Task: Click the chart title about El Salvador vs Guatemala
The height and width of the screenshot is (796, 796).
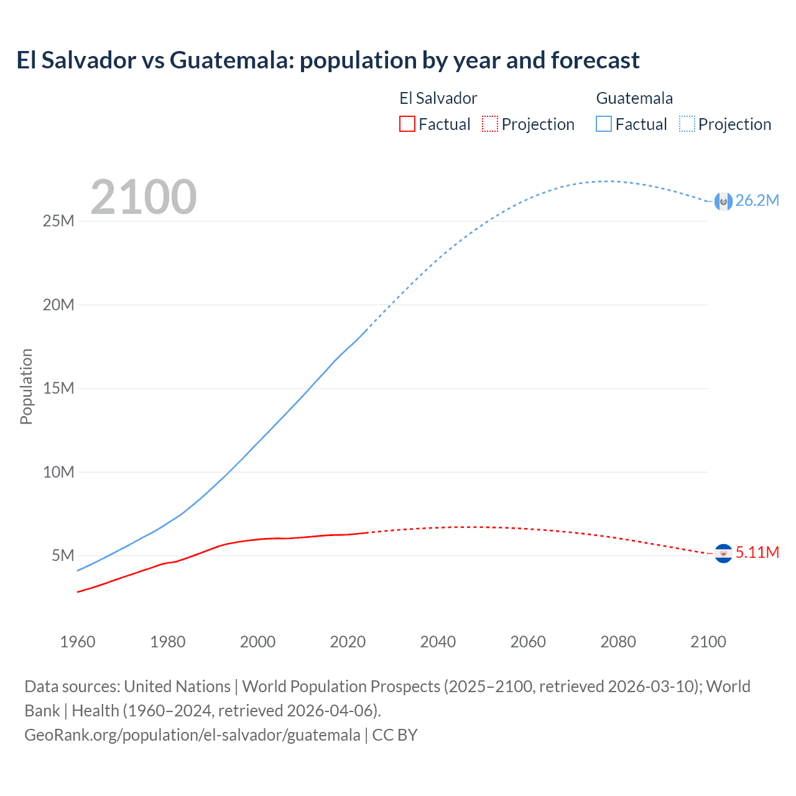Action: pos(328,60)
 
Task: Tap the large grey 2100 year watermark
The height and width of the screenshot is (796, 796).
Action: pos(144,197)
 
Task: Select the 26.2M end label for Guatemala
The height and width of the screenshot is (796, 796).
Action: pos(757,200)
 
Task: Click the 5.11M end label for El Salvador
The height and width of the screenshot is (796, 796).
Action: pos(757,552)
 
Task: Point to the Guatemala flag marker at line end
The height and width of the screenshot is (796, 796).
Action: pos(723,201)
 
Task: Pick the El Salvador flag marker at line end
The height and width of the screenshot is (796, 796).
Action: pos(723,553)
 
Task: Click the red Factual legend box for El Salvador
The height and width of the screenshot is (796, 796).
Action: pos(407,124)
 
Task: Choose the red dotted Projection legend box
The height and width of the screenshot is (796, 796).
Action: pos(490,124)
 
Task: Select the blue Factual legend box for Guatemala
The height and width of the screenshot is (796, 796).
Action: pos(604,124)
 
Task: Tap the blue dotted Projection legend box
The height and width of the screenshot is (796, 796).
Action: pos(687,124)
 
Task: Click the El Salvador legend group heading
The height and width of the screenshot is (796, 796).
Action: pos(438,98)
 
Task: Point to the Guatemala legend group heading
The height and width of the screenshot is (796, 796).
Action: pos(634,98)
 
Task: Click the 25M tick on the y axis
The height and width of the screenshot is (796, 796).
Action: pos(58,221)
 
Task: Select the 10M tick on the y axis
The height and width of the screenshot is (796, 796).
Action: pos(58,472)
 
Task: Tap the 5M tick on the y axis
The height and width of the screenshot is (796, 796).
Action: pos(63,555)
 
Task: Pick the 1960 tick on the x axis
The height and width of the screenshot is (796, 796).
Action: pos(78,642)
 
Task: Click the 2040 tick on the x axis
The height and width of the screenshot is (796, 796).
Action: pos(438,642)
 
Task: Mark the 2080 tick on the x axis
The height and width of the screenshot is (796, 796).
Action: pos(618,642)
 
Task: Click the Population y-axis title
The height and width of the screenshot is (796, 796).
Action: pos(26,387)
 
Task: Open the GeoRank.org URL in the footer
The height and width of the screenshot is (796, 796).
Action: pos(192,735)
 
